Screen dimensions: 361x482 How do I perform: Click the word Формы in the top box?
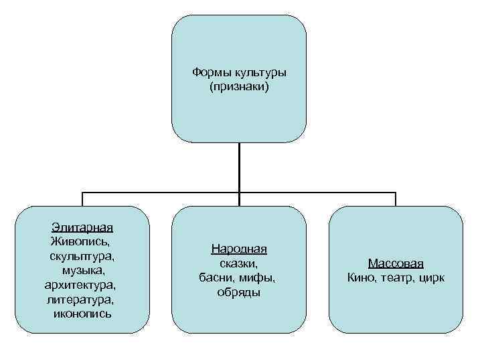[x=210, y=72]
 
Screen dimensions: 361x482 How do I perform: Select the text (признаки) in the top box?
[x=238, y=87]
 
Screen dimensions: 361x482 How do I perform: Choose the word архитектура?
[x=82, y=285]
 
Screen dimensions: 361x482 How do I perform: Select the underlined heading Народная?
[x=239, y=249]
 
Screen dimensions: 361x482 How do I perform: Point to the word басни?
[x=216, y=277]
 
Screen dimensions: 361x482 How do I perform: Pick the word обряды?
[x=238, y=292]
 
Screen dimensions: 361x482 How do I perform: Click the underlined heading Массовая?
[x=396, y=263]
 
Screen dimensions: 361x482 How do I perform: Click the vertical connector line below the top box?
[x=239, y=167]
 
